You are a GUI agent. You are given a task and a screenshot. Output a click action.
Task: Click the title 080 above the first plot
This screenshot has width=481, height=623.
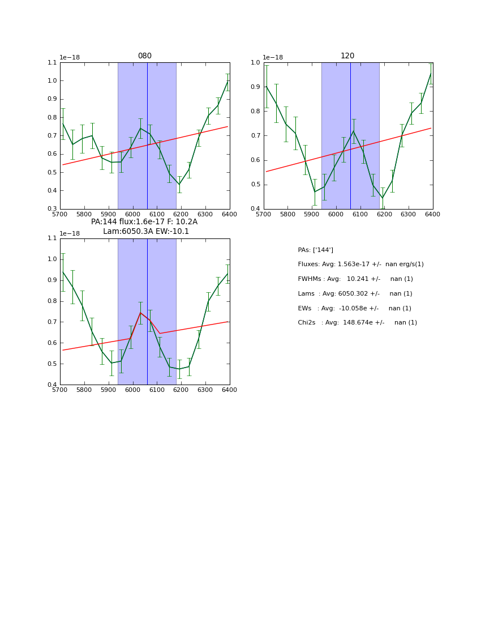click(145, 56)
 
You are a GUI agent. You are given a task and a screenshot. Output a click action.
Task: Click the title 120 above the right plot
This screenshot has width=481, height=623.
click(347, 56)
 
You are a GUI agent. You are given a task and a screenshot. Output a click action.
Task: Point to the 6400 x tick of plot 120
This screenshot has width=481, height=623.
click(432, 215)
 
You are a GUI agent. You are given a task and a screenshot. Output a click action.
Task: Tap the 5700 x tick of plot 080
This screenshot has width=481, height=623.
click(60, 215)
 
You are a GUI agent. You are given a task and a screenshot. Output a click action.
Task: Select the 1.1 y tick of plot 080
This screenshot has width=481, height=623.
click(52, 63)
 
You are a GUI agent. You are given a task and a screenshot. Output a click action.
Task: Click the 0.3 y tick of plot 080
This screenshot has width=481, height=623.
click(52, 209)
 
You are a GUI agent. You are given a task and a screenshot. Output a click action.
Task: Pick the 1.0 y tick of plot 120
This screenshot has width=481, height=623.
click(255, 63)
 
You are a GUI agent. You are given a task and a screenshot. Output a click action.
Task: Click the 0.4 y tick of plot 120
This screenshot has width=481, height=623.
click(255, 209)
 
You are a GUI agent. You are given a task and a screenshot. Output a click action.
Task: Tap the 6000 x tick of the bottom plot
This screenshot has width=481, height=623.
click(132, 390)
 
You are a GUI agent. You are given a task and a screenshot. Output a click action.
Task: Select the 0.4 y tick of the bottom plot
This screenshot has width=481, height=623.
click(52, 385)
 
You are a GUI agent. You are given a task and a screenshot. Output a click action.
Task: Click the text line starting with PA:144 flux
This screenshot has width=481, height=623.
click(144, 222)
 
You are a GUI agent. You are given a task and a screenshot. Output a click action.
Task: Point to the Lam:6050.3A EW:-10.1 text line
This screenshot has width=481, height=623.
click(146, 232)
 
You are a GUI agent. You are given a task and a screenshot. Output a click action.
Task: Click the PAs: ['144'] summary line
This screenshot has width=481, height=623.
click(315, 250)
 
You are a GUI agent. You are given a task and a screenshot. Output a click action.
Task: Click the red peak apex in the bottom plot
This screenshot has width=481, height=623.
click(140, 313)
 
